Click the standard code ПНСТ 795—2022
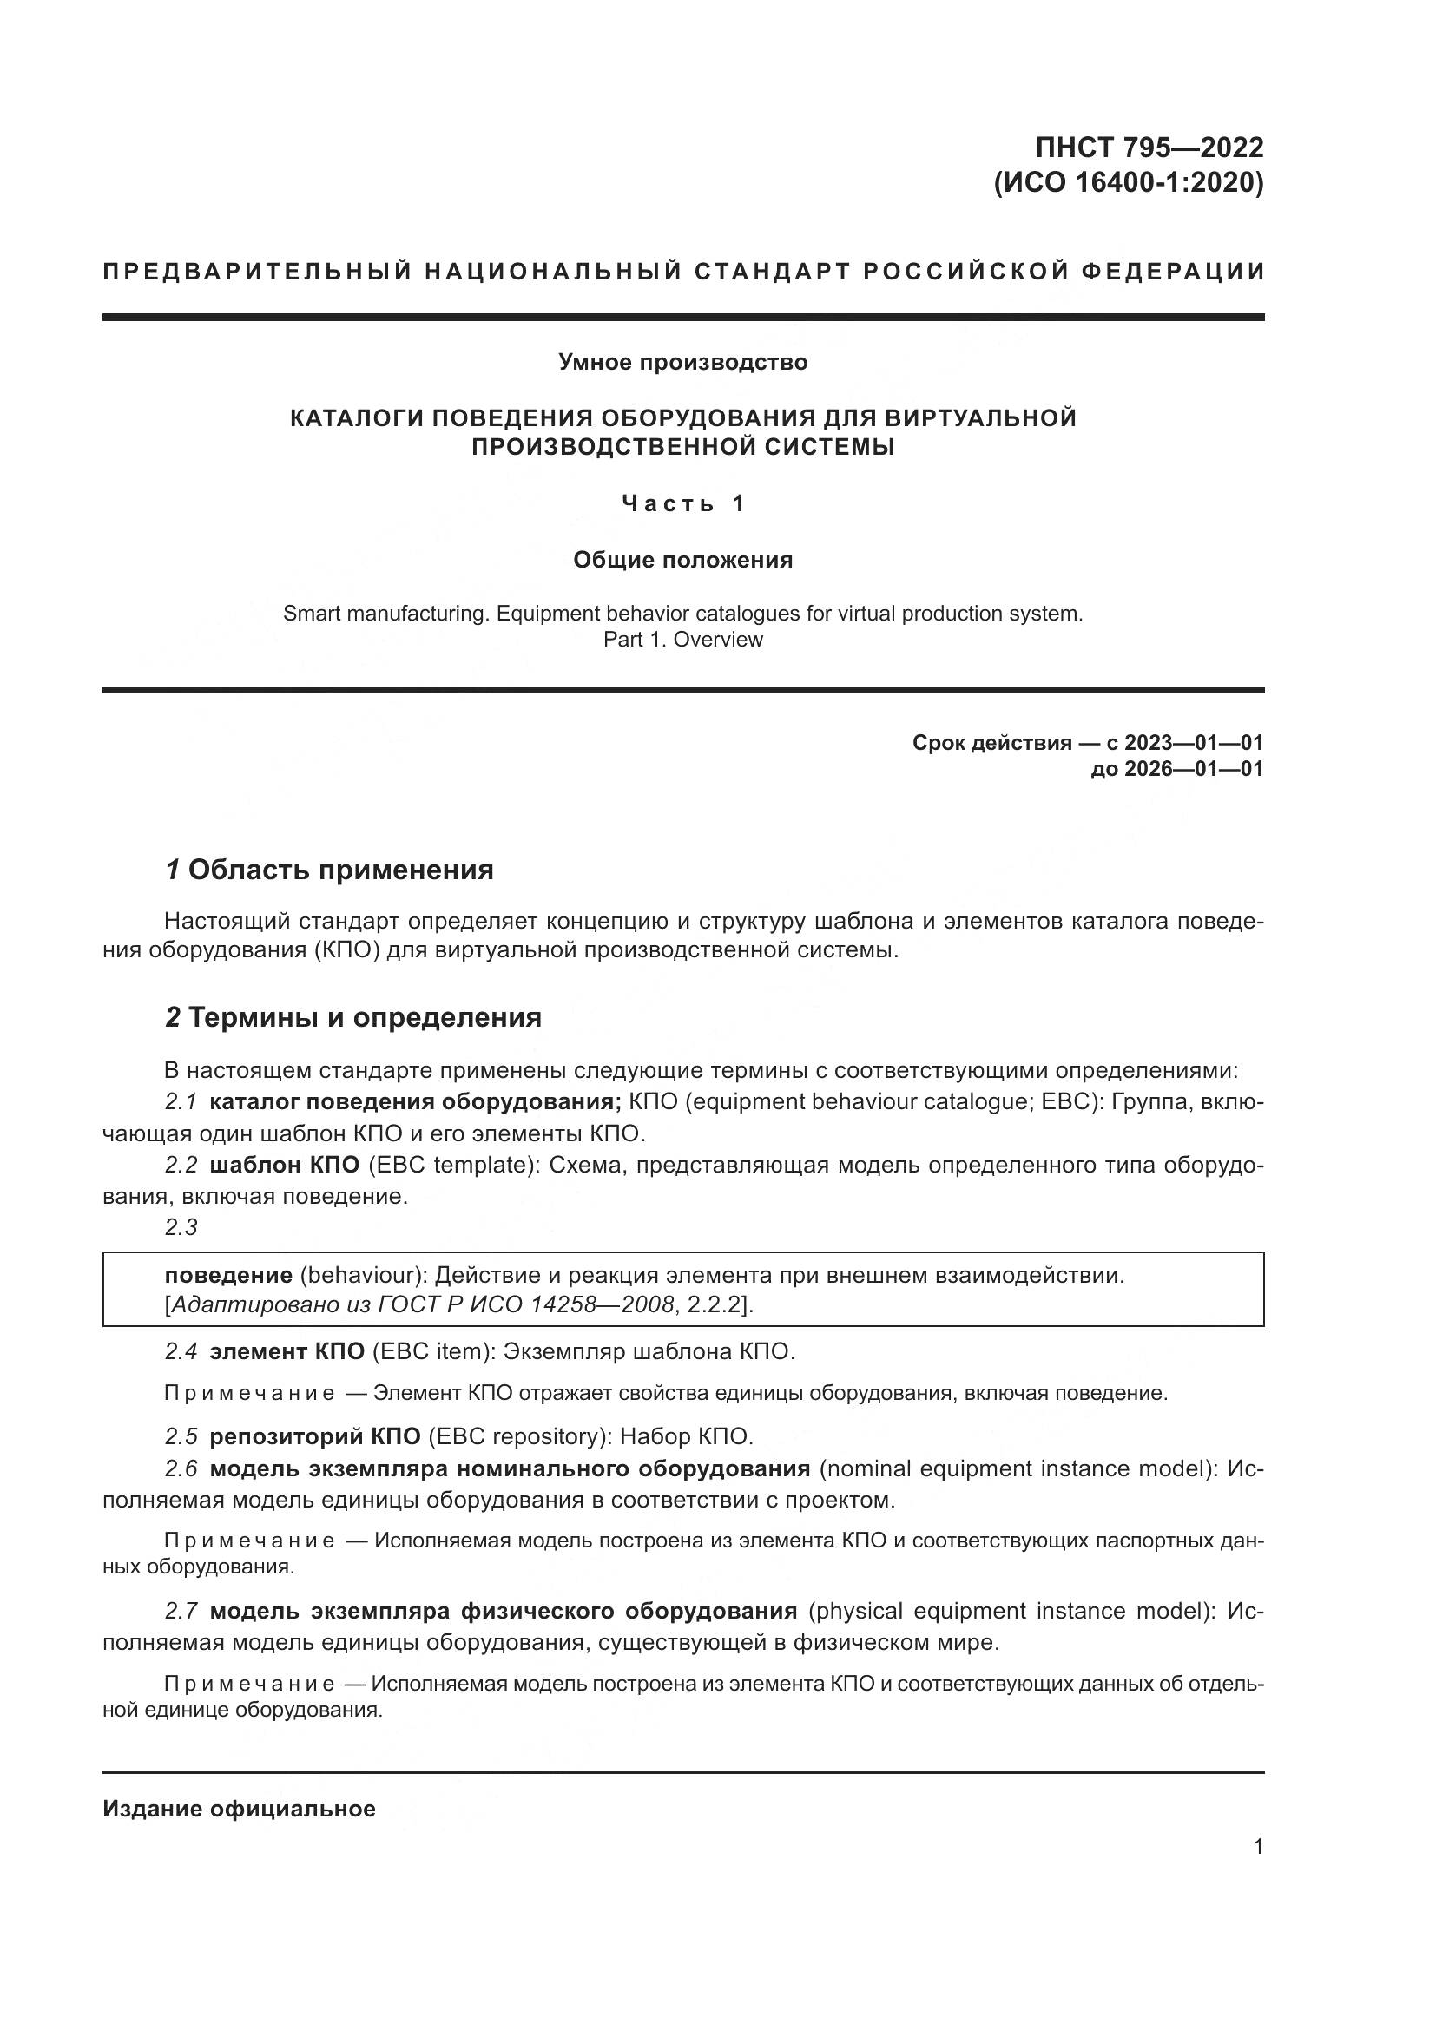pyautogui.click(x=1149, y=147)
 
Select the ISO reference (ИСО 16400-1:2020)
pyautogui.click(x=1130, y=183)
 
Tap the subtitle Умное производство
pyautogui.click(x=682, y=363)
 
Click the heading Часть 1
pyautogui.click(x=682, y=504)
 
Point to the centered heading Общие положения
pyautogui.click(x=682, y=560)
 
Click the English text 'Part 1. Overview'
pyautogui.click(x=682, y=640)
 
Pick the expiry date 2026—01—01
pyautogui.click(x=1194, y=769)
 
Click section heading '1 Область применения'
pyautogui.click(x=329, y=870)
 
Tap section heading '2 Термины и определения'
pyautogui.click(x=352, y=1018)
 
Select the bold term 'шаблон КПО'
pyautogui.click(x=284, y=1166)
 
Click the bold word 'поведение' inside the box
pyautogui.click(x=228, y=1276)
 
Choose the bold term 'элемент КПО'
pyautogui.click(x=287, y=1352)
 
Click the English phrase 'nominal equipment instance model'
pyautogui.click(x=1016, y=1468)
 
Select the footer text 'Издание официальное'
pyautogui.click(x=239, y=1809)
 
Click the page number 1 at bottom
pyautogui.click(x=1258, y=1847)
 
